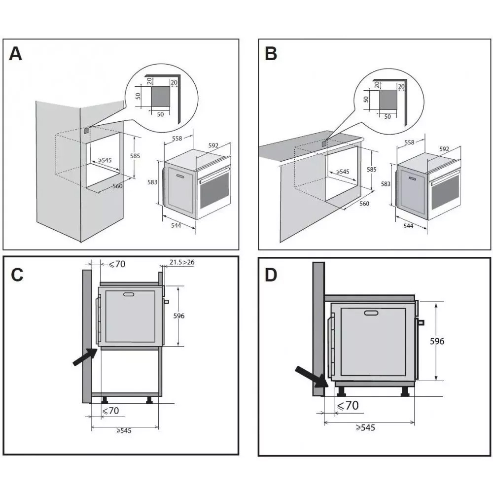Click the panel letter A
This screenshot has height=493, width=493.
16,53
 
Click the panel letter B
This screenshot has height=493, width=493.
271,53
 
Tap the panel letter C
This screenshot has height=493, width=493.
17,275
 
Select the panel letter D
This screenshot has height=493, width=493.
271,275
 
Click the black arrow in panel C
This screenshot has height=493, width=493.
84,356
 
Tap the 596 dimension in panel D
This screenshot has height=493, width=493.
437,341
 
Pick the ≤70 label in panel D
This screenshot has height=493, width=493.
347,406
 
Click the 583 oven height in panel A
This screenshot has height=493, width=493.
152,182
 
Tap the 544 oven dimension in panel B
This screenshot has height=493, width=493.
408,226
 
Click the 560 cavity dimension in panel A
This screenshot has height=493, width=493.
117,186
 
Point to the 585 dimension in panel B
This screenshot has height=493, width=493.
372,169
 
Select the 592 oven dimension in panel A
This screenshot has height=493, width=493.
213,145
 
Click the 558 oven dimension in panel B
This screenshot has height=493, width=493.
409,142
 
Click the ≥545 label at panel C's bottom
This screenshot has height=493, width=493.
124,430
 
